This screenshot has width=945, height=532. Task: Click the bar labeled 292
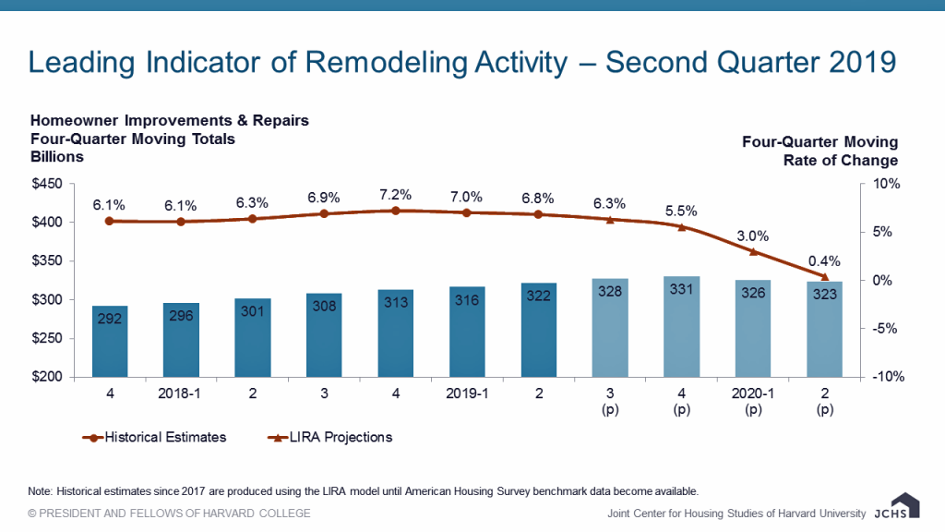coord(110,341)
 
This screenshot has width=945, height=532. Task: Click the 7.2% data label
coord(395,194)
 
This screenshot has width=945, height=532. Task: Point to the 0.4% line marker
coord(824,276)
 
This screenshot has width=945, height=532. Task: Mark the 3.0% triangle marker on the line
coord(753,251)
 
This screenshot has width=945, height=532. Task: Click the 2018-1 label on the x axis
coord(181,394)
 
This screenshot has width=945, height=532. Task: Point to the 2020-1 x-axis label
coord(753,394)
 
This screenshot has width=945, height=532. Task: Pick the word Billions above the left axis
coord(57,156)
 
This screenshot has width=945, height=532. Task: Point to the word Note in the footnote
coord(42,490)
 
